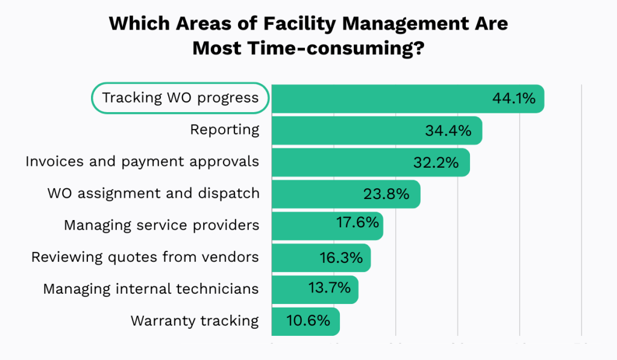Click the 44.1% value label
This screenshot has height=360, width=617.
[513, 98]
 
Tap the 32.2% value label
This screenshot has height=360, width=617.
[436, 162]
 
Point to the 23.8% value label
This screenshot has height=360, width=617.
[386, 194]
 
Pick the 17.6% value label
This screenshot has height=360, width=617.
[357, 223]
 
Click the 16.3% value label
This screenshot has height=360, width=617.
[341, 258]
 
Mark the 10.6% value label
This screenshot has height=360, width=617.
[309, 320]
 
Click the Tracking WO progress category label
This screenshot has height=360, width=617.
[180, 98]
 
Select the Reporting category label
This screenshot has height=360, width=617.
[224, 130]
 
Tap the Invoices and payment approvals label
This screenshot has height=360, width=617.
[142, 162]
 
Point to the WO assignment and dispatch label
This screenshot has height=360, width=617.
[153, 194]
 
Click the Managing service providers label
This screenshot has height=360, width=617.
[161, 226]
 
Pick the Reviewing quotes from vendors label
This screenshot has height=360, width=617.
[145, 257]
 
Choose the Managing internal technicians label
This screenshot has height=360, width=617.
[151, 289]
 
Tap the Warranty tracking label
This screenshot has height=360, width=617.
[195, 321]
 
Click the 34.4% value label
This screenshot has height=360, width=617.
[448, 130]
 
